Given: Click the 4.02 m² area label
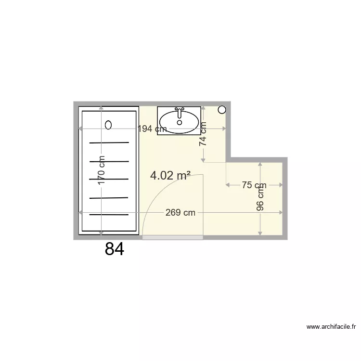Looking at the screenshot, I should pos(170,176).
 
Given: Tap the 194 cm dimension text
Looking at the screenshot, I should pos(152,129).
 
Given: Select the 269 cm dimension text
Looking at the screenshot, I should pos(180,213).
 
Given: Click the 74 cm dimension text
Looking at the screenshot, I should pos(203,134).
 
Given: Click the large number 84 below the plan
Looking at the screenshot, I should pos(115,249).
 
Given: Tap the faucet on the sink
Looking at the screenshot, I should pos(179,112).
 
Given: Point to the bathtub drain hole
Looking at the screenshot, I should pos(108,125).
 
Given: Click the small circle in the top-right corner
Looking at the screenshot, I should pos(221,110).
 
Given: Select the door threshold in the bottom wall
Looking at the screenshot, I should pos(172,237).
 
